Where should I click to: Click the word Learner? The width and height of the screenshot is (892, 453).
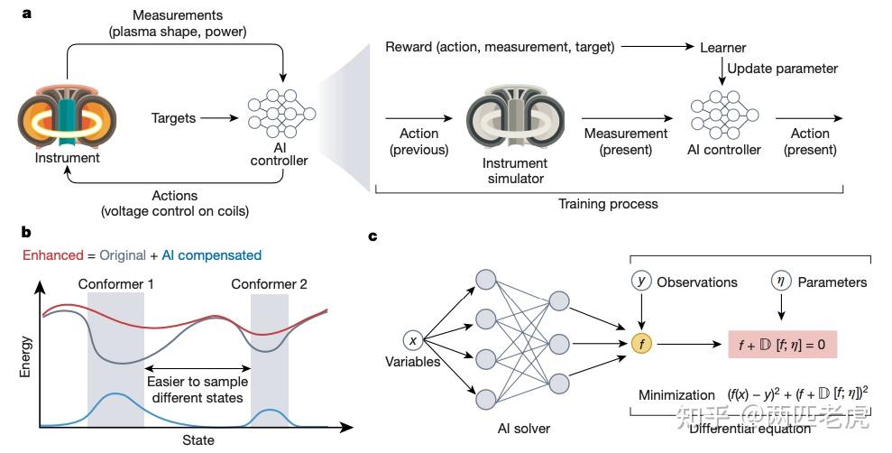(x=722, y=46)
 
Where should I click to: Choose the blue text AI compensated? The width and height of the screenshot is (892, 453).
(x=212, y=254)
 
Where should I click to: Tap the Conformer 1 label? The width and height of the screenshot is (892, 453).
(x=115, y=284)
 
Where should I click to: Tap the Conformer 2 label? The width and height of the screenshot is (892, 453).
(x=269, y=284)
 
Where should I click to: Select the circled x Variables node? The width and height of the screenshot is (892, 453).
(x=413, y=341)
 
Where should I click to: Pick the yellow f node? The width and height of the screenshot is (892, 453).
(x=642, y=343)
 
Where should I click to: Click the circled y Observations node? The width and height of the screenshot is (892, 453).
(x=642, y=282)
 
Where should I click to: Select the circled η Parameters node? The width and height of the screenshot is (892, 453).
(x=780, y=282)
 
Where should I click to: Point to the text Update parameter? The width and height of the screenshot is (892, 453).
(x=782, y=69)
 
